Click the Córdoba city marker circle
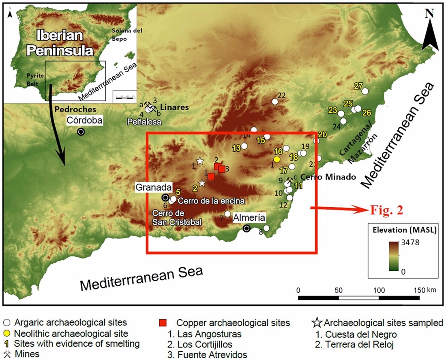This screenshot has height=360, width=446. click(x=81, y=132)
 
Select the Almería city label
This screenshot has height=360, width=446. click(x=249, y=218)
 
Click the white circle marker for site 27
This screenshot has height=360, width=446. click(x=365, y=91)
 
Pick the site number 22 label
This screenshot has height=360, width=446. click(x=281, y=95)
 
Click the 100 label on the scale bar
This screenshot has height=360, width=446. click(x=378, y=290)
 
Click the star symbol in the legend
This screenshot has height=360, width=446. click(x=317, y=323)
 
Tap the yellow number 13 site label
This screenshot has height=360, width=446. click(x=236, y=148)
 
